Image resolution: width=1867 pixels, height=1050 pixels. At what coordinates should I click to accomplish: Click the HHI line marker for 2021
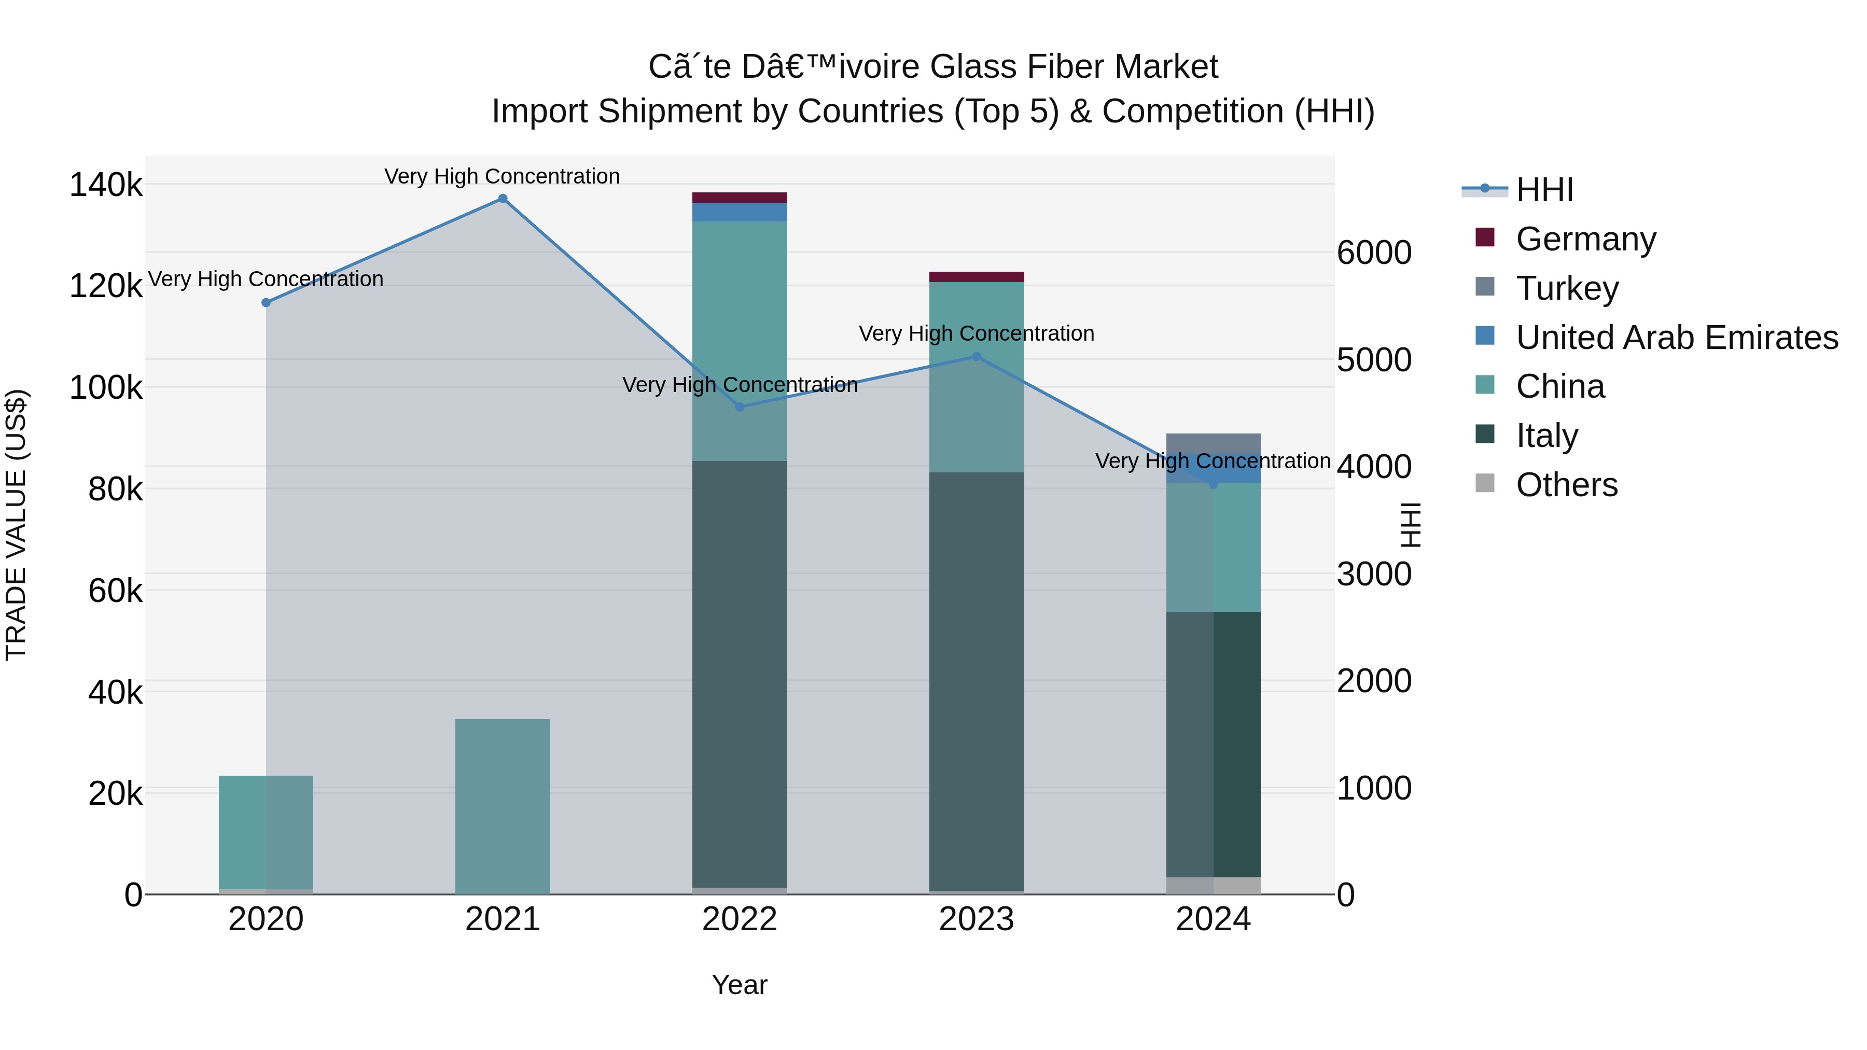[502, 199]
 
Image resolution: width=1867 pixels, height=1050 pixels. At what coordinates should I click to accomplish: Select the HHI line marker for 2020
[266, 303]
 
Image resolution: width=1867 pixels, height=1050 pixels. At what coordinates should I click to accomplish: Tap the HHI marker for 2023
[976, 357]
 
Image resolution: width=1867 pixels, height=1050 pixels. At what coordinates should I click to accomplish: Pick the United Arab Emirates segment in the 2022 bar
[739, 212]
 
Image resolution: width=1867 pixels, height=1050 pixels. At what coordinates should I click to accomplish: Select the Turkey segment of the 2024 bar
[1213, 443]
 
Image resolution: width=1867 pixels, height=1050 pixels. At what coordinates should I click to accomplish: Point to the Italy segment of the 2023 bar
[976, 681]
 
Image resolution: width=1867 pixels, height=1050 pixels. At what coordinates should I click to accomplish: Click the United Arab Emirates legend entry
[1676, 338]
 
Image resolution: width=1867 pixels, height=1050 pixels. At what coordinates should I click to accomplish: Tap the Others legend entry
[1566, 485]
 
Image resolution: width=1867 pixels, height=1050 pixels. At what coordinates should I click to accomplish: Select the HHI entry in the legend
[1544, 190]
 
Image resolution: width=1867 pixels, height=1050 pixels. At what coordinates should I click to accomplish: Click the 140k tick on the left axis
[106, 185]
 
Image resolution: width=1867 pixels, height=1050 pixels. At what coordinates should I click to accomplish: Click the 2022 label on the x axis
[739, 919]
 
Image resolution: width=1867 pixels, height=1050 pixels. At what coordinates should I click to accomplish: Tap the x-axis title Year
[739, 985]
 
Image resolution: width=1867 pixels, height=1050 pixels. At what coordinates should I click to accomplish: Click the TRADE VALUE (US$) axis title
[16, 525]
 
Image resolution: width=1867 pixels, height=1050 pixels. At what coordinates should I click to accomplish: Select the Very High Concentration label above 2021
[502, 176]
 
